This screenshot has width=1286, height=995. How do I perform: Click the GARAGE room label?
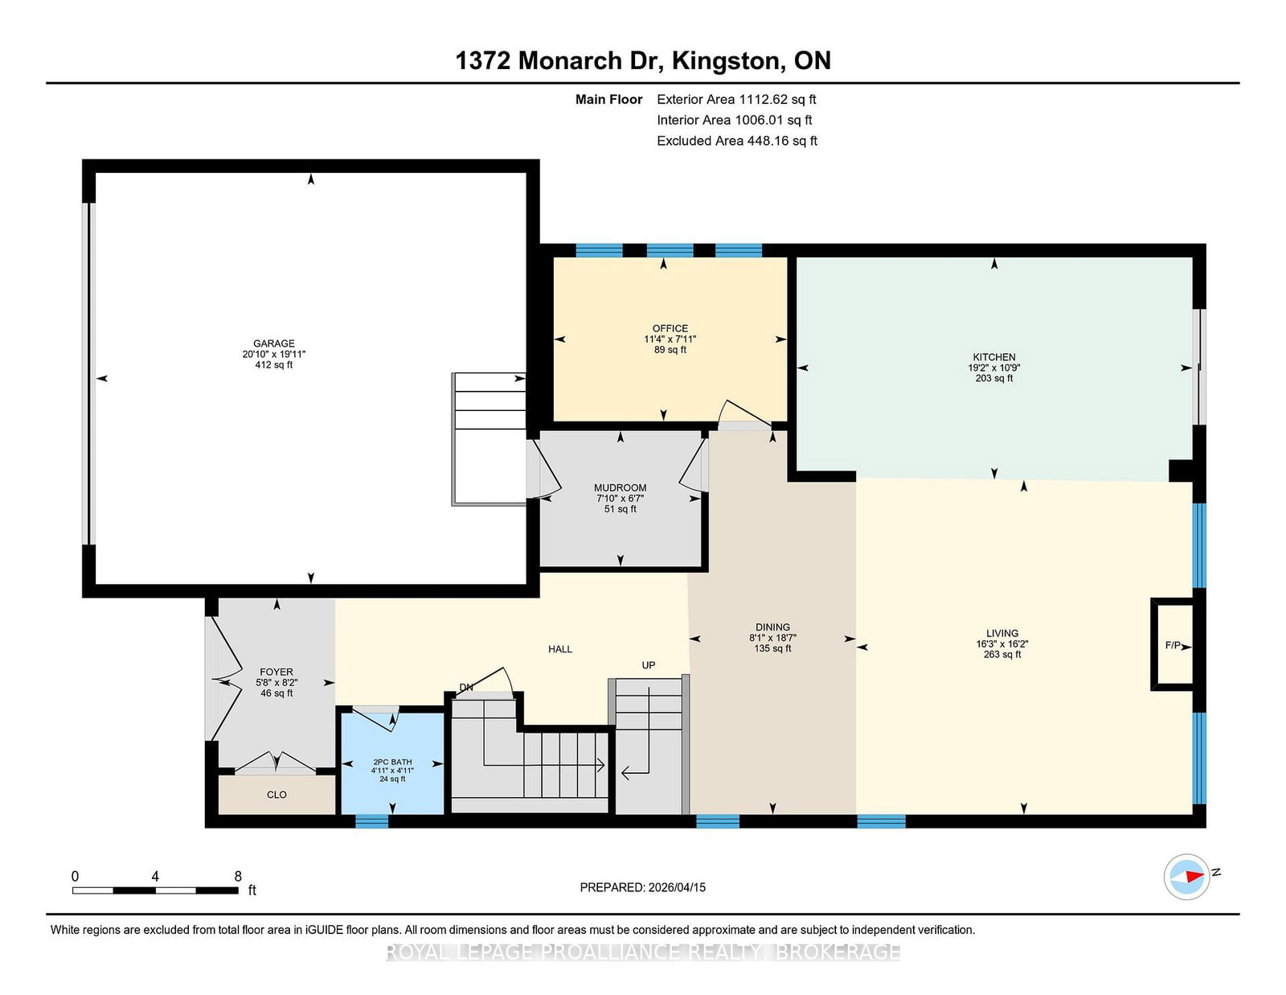pos(273,343)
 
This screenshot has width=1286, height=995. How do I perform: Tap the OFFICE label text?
pos(670,328)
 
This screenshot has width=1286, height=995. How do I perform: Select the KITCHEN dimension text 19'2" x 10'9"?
pos(993,368)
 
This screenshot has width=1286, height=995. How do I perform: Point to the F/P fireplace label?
pos(1173,645)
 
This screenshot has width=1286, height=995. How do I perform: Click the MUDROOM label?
pos(620,488)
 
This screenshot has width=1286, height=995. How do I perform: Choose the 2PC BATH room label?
pos(392,763)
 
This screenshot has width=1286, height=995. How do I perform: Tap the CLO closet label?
pos(276,795)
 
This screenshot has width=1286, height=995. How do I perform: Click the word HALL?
pos(560,649)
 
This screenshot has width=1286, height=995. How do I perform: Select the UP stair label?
pos(649,665)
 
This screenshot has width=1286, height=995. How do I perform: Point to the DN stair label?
pos(465,688)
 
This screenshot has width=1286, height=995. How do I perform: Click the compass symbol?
pos(1186,877)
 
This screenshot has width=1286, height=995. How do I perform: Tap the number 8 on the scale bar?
pos(238,877)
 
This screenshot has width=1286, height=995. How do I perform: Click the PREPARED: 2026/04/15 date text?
pos(643,887)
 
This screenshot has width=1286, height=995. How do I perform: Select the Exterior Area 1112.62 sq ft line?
pos(736,100)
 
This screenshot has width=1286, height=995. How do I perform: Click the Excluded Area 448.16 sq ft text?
pos(737,141)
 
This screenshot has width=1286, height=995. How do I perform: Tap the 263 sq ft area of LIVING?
pos(1002,655)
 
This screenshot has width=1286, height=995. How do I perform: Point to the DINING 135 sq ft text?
pos(772,648)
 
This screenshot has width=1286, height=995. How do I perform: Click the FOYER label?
pos(276,672)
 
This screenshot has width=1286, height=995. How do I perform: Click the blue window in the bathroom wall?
pos(371,821)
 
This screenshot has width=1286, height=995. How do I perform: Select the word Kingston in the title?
pos(725,61)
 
